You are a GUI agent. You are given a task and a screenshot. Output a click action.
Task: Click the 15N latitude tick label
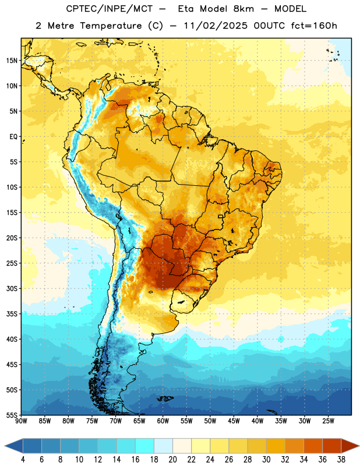tap(11, 61)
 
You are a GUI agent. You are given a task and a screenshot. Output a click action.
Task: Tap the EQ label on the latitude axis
tap(13, 137)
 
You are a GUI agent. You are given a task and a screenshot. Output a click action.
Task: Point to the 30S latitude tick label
tap(12, 288)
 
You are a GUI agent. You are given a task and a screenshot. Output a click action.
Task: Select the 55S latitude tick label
tap(12, 415)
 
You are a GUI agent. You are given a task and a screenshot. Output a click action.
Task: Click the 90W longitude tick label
tap(21, 421)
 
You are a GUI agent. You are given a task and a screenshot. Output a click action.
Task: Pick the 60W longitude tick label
tap(163, 421)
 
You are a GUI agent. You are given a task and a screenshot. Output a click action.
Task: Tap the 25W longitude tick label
tap(328, 421)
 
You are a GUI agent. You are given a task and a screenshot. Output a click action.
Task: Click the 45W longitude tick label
tap(234, 421)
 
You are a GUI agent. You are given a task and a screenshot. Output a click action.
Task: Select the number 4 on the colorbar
tap(23, 460)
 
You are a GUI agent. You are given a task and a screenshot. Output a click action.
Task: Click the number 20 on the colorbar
tap(172, 460)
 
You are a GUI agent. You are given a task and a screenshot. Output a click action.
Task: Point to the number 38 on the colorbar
tap(341, 460)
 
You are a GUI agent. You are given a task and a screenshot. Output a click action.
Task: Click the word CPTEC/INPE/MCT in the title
tap(110, 9)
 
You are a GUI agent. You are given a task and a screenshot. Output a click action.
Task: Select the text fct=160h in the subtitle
tap(314, 26)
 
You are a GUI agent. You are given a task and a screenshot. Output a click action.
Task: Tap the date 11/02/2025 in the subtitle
tap(216, 26)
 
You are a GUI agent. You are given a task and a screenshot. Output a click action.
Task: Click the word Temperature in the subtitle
tap(111, 26)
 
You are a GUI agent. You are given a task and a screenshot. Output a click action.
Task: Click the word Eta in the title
tap(186, 9)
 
